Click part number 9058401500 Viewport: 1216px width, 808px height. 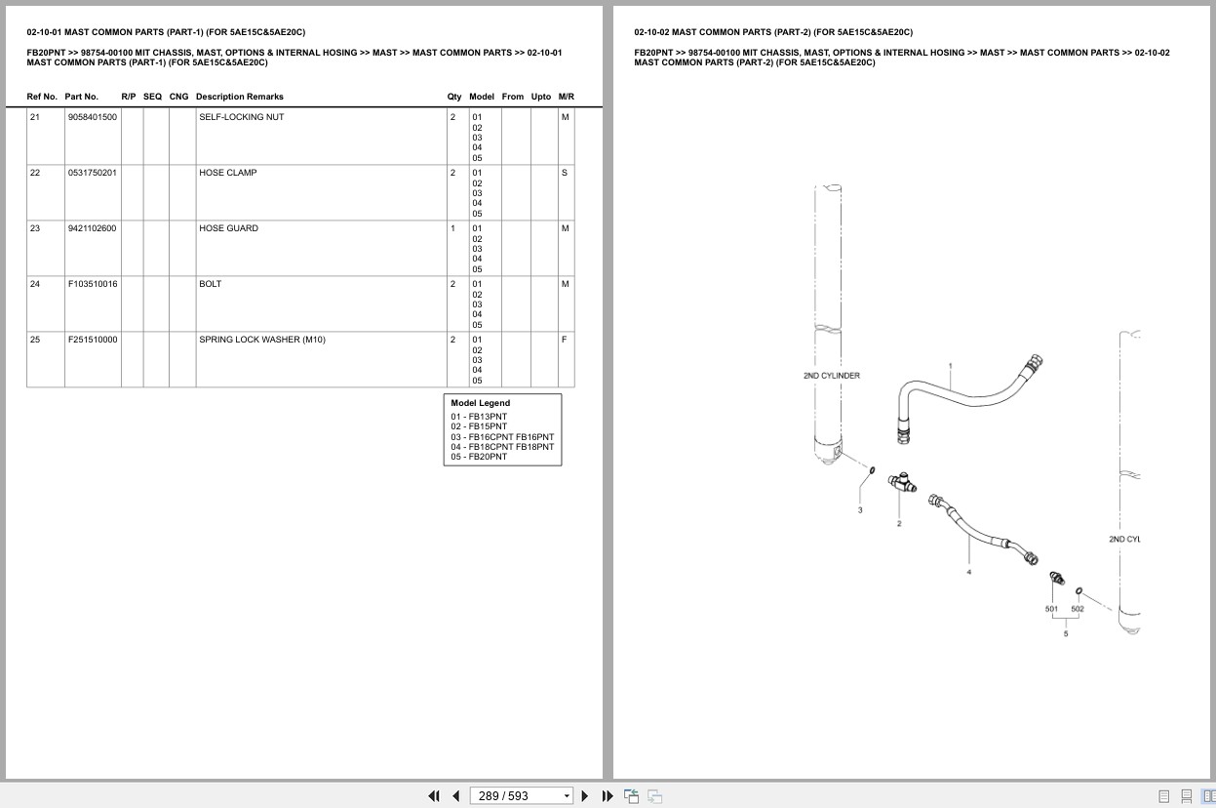click(x=93, y=117)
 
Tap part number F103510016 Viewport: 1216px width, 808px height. click(x=93, y=284)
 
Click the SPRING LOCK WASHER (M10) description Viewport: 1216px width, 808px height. click(x=262, y=340)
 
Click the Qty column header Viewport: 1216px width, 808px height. click(x=454, y=97)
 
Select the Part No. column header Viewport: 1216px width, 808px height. click(x=82, y=97)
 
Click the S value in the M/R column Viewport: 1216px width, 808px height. click(x=565, y=173)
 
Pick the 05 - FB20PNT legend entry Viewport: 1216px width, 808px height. click(x=479, y=457)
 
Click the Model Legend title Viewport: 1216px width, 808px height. click(x=481, y=403)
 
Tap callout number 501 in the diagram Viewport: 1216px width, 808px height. click(x=1051, y=609)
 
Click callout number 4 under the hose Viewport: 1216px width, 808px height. click(x=969, y=572)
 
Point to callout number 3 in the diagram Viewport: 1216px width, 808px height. click(x=860, y=509)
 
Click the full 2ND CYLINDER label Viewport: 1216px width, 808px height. click(x=832, y=376)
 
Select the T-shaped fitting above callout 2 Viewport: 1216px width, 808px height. click(x=902, y=481)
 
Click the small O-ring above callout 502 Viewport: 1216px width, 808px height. click(x=1079, y=590)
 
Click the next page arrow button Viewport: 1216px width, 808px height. click(x=585, y=796)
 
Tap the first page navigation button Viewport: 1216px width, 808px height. click(x=434, y=796)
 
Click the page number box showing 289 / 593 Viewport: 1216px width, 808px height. click(x=521, y=796)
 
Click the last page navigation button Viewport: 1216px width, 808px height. click(x=608, y=796)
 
